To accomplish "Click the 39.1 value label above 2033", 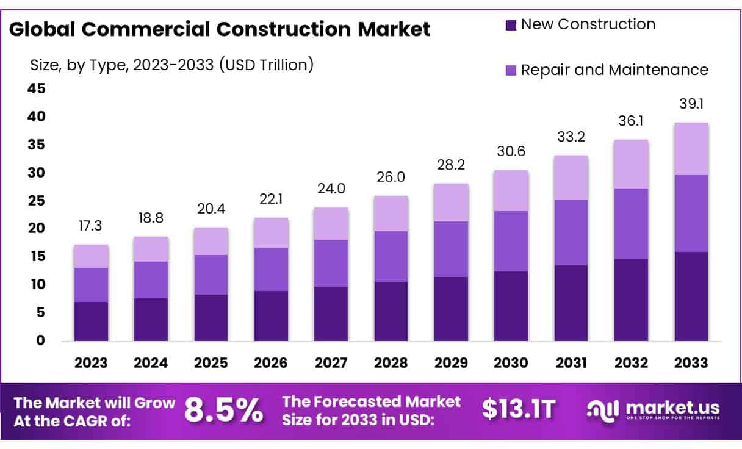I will (x=691, y=104).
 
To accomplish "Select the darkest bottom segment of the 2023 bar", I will (x=91, y=321).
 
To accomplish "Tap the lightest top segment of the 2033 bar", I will (x=691, y=149).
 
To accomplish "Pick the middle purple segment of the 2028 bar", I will (x=391, y=256).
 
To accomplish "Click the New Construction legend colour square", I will (x=511, y=25).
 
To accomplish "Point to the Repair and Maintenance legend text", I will (x=614, y=70).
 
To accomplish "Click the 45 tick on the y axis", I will (x=36, y=89).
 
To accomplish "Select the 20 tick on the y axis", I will (x=36, y=228).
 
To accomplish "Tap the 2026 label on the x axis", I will (x=271, y=363).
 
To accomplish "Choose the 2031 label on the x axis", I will (x=571, y=363).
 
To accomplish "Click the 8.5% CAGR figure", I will (x=224, y=411).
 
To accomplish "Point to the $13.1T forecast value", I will (x=519, y=409).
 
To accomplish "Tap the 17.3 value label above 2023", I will (x=91, y=226).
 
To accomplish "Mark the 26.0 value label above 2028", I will (x=391, y=177).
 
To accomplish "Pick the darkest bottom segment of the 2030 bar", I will (x=511, y=306).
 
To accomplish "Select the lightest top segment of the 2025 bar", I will (x=211, y=241).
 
